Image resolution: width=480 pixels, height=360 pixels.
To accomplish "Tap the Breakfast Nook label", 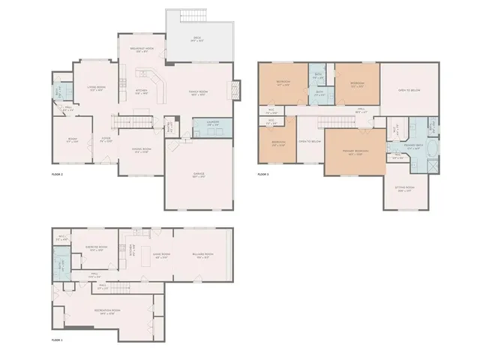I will [x=141, y=50].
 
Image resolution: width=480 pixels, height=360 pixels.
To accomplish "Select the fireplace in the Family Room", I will [x=235, y=90].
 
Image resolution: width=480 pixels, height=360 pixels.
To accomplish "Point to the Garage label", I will [x=199, y=175].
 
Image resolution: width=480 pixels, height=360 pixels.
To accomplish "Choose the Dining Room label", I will [x=141, y=149].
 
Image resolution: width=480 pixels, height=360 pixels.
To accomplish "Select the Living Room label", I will [x=96, y=88].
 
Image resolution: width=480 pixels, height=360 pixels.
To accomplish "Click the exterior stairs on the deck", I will [x=193, y=17].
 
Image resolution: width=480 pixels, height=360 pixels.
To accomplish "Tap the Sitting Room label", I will [x=405, y=191].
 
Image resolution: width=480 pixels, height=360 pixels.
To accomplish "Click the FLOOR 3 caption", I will [x=263, y=174].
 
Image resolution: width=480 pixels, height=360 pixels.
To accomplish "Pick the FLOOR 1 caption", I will [x=57, y=340].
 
